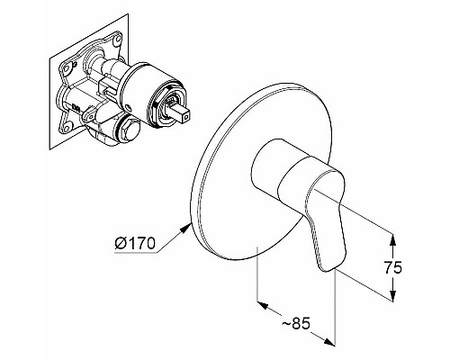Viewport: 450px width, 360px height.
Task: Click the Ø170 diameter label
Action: [x=135, y=243]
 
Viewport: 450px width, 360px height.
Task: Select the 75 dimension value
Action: [x=393, y=267]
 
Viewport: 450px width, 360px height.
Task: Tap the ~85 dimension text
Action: [x=296, y=323]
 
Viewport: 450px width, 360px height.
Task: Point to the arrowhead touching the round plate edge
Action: [x=186, y=229]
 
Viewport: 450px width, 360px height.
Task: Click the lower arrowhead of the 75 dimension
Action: [x=393, y=294]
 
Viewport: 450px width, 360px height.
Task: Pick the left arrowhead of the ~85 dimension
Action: [x=263, y=305]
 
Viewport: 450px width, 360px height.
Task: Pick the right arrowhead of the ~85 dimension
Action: [x=329, y=342]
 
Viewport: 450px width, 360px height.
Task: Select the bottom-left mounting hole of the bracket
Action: [x=67, y=129]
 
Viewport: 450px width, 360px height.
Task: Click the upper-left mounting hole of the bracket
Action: [x=67, y=68]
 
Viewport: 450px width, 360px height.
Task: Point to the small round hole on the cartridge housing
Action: [x=129, y=107]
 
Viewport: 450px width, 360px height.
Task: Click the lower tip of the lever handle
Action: [x=329, y=271]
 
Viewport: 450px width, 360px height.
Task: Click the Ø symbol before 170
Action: [x=121, y=244]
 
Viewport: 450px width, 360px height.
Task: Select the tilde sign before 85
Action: [x=285, y=323]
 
